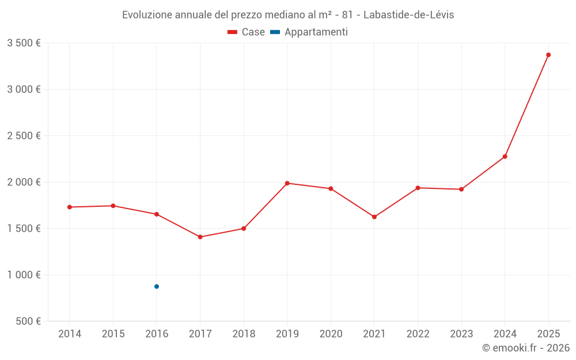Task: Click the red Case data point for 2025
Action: click(548, 55)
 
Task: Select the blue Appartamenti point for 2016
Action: click(157, 286)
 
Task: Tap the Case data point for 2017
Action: click(200, 237)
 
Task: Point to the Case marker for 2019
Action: click(287, 183)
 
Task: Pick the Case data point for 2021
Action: click(374, 217)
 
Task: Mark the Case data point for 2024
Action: click(505, 157)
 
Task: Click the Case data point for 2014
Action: click(70, 207)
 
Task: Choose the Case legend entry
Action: click(247, 32)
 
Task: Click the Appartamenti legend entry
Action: click(309, 32)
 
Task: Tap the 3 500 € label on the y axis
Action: click(24, 43)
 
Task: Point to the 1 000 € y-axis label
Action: click(24, 275)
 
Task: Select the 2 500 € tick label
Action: click(24, 136)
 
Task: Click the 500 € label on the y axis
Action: click(28, 321)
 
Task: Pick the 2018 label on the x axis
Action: click(244, 334)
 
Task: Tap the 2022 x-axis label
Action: click(418, 334)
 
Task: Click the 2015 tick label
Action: click(113, 334)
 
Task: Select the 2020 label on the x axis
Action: click(331, 334)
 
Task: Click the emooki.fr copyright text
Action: click(525, 348)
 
